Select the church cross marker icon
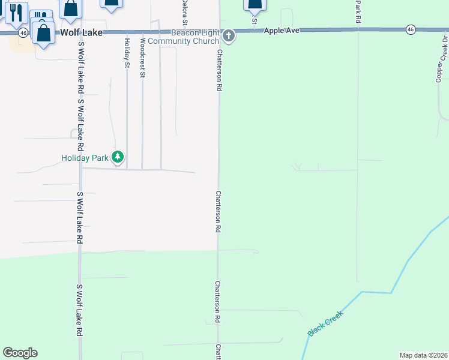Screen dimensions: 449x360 pos(228,37)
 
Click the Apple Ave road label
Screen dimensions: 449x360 pos(282,29)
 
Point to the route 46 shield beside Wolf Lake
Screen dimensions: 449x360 pos(23,32)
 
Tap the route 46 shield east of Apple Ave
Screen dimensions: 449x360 pos(411,29)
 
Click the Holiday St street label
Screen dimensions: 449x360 pos(127,52)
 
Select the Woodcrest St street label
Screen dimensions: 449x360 pos(142,58)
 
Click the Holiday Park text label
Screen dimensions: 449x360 pos(85,158)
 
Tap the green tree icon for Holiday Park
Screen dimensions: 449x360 pos(118,157)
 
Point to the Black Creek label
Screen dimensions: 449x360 pos(325,323)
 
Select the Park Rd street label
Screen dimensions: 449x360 pos(358,11)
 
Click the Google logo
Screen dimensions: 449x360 pos(20,353)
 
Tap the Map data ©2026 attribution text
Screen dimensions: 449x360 pos(423,355)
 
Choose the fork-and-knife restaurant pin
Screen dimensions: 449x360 pos(16,12)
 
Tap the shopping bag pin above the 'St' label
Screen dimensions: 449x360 pos(255,5)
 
